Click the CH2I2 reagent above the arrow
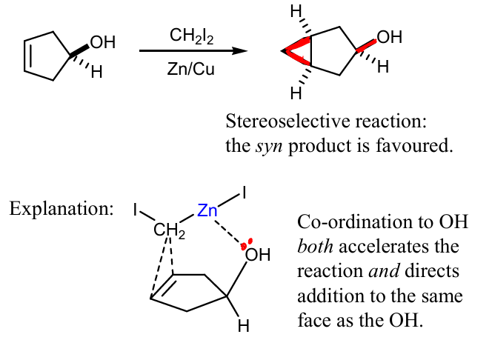(x=191, y=36)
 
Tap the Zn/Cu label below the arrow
(x=190, y=68)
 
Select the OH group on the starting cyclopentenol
(x=102, y=42)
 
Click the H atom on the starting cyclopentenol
(x=96, y=72)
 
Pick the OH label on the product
(x=390, y=37)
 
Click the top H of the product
(x=296, y=12)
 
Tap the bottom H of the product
(x=296, y=93)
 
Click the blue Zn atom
(x=207, y=210)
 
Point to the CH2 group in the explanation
(x=169, y=230)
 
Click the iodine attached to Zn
(x=244, y=193)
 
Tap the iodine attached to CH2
(x=136, y=210)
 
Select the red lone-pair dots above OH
(x=246, y=244)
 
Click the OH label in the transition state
(x=258, y=254)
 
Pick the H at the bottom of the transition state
(x=244, y=326)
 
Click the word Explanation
(x=61, y=209)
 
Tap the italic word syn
(x=269, y=147)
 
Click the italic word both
(x=315, y=247)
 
